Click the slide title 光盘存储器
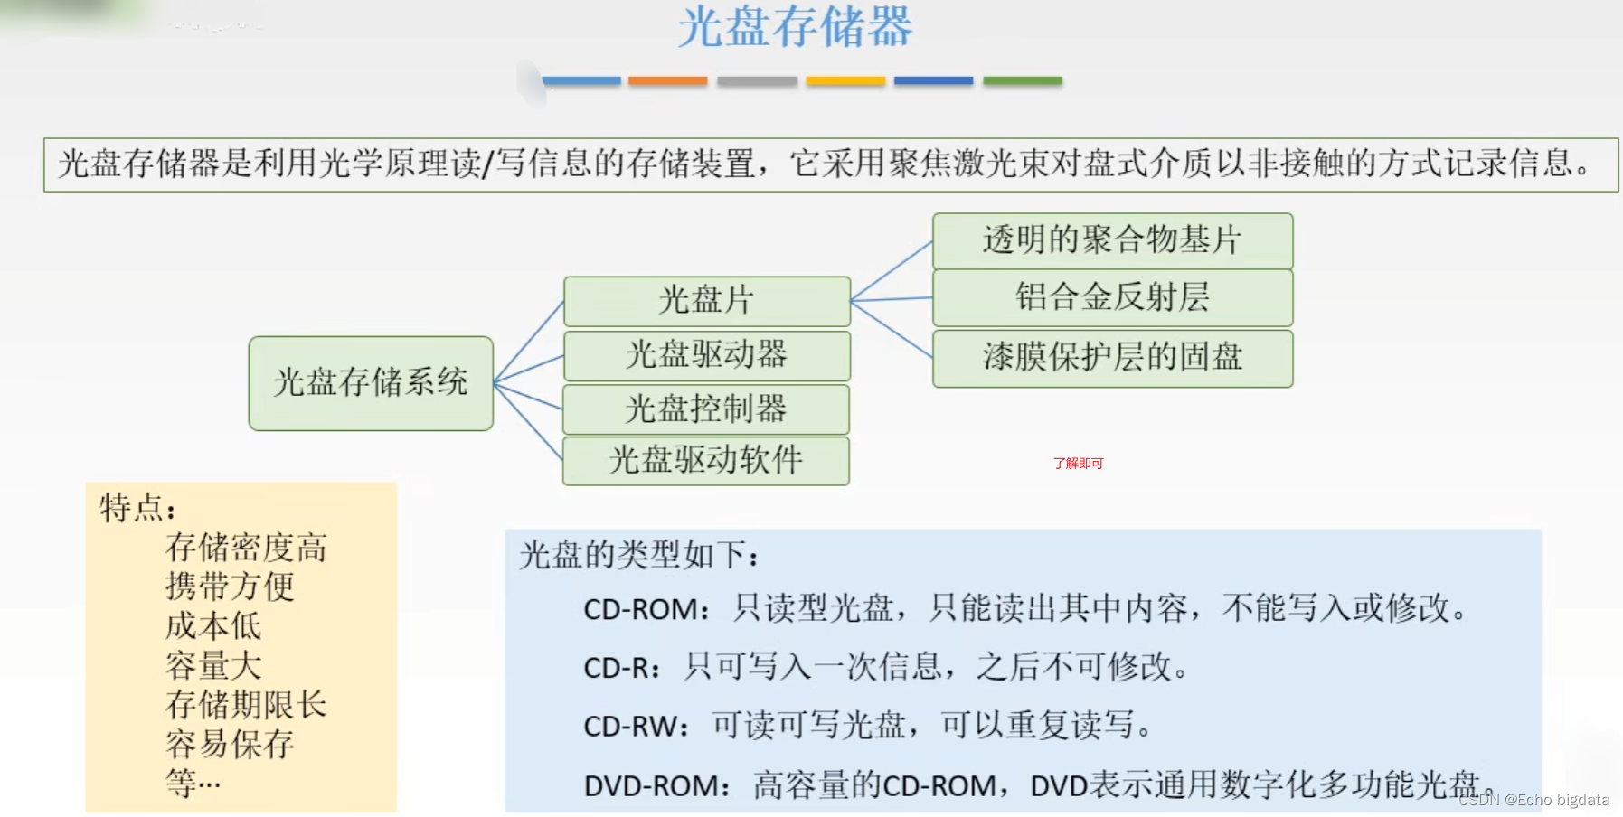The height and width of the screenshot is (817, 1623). (795, 27)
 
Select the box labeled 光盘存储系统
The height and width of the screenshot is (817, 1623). (371, 382)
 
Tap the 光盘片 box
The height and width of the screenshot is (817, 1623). (706, 300)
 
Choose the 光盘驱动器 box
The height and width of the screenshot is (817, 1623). (706, 354)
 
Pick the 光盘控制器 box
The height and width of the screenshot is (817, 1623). (705, 408)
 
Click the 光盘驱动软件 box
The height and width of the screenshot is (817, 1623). (705, 460)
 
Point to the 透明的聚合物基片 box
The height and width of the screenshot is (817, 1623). (1112, 240)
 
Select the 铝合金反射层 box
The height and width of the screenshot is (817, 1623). (1112, 297)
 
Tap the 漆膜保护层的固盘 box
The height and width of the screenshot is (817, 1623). (1112, 357)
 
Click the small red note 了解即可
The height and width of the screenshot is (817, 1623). (1078, 464)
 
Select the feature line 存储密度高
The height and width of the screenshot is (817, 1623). (246, 548)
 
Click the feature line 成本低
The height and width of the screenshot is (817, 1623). (213, 625)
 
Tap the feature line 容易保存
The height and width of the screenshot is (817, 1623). (230, 744)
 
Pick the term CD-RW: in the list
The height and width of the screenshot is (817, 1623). (637, 726)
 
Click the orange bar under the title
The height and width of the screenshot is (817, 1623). (667, 81)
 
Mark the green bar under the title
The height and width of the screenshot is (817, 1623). (1022, 81)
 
